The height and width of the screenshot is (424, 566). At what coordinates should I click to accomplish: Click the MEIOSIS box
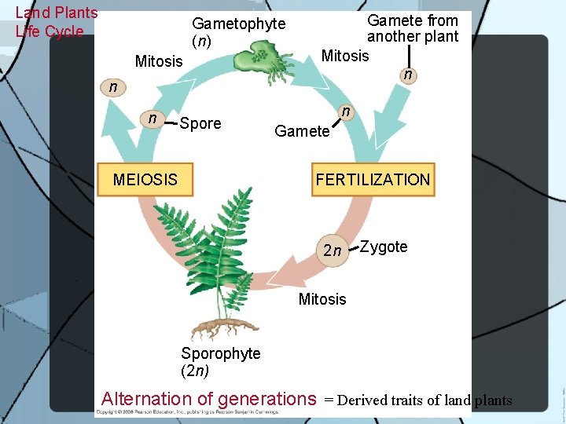145,180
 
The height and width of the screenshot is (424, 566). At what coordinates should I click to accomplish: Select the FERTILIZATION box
373,180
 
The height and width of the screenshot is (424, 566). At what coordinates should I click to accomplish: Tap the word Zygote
384,247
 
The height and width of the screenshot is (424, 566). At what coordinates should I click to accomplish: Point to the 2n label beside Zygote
333,251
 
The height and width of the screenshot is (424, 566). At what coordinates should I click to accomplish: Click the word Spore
200,123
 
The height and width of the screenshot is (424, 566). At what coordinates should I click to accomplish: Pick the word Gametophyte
239,24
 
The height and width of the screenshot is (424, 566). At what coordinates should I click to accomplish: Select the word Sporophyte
221,353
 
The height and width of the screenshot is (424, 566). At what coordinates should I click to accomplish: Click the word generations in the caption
266,399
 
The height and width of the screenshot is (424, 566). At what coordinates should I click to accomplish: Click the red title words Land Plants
57,13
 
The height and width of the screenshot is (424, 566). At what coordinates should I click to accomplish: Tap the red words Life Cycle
49,31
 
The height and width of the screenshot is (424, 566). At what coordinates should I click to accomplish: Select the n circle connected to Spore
152,119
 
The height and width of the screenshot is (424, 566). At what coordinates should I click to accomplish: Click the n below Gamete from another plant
407,75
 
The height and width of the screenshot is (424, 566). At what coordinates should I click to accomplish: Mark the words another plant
413,37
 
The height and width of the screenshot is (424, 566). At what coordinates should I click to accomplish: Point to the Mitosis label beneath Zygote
322,299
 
